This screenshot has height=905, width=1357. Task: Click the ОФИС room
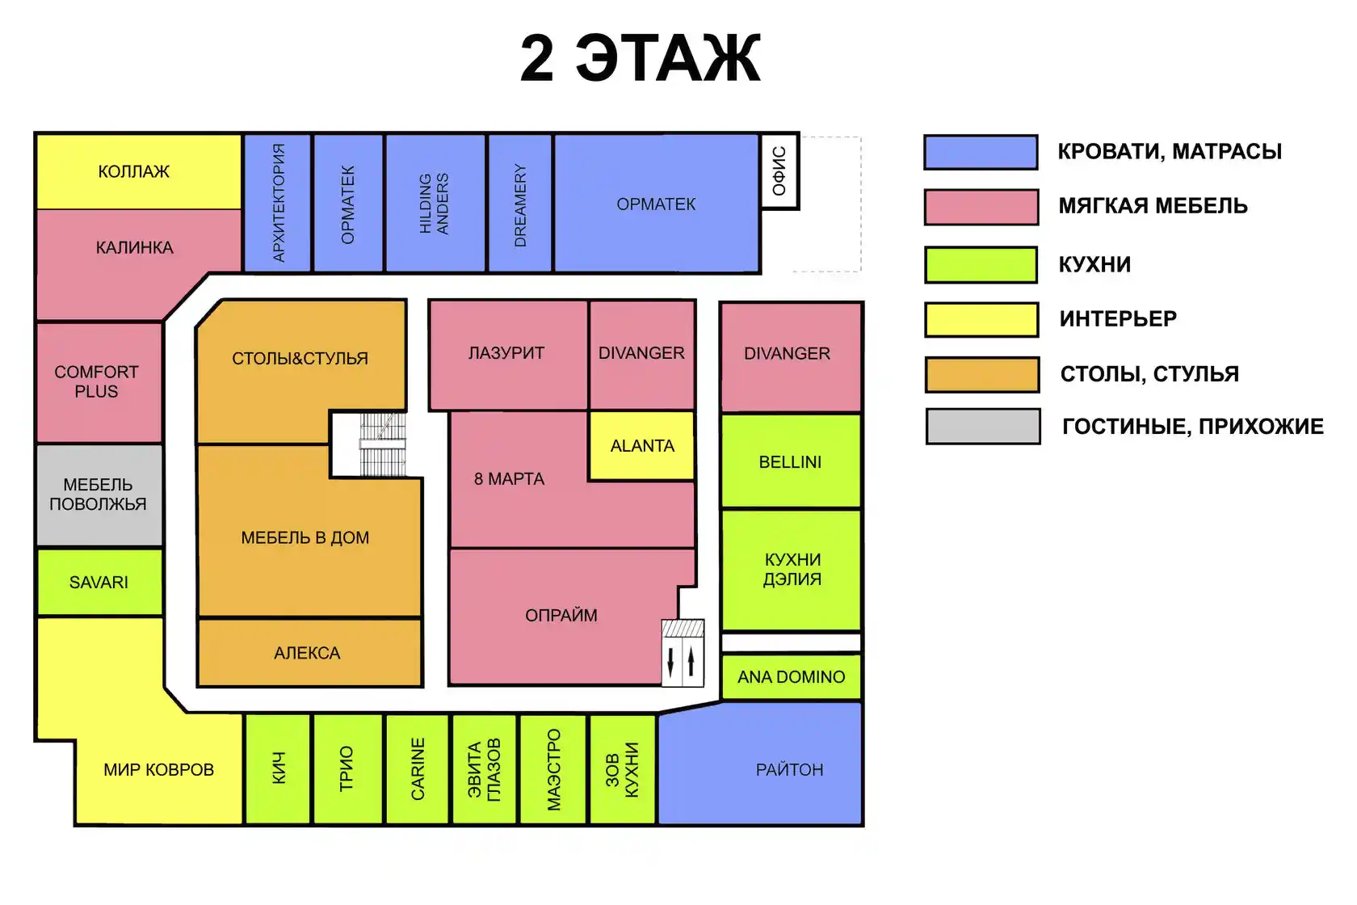tap(779, 171)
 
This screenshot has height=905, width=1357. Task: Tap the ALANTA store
tap(641, 446)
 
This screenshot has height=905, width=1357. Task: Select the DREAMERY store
tap(520, 203)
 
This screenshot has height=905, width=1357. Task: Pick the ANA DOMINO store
tap(792, 676)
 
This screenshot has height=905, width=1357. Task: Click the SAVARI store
tap(99, 582)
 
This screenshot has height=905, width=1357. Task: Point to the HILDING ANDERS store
tap(435, 203)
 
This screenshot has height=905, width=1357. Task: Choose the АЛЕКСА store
tap(309, 653)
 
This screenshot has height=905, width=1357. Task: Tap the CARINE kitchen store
tap(418, 769)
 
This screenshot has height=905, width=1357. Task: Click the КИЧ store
tap(278, 769)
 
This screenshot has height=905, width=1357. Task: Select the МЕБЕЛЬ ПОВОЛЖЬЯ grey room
tap(99, 495)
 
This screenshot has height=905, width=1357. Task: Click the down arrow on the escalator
tap(670, 661)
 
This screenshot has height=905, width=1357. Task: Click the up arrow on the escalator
tap(691, 661)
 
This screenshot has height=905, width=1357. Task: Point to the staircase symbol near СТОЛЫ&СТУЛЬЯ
tap(382, 444)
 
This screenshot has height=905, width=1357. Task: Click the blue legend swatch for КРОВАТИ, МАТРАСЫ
tap(981, 152)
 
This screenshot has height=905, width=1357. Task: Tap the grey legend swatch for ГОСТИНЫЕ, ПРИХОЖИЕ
tap(983, 427)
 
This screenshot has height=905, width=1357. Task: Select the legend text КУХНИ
tap(1094, 264)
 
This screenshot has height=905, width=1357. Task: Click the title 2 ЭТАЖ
tap(641, 58)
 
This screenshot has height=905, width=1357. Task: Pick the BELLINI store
tap(791, 461)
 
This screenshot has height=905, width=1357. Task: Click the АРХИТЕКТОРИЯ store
tap(278, 203)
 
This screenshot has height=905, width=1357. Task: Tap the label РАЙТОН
tap(789, 770)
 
